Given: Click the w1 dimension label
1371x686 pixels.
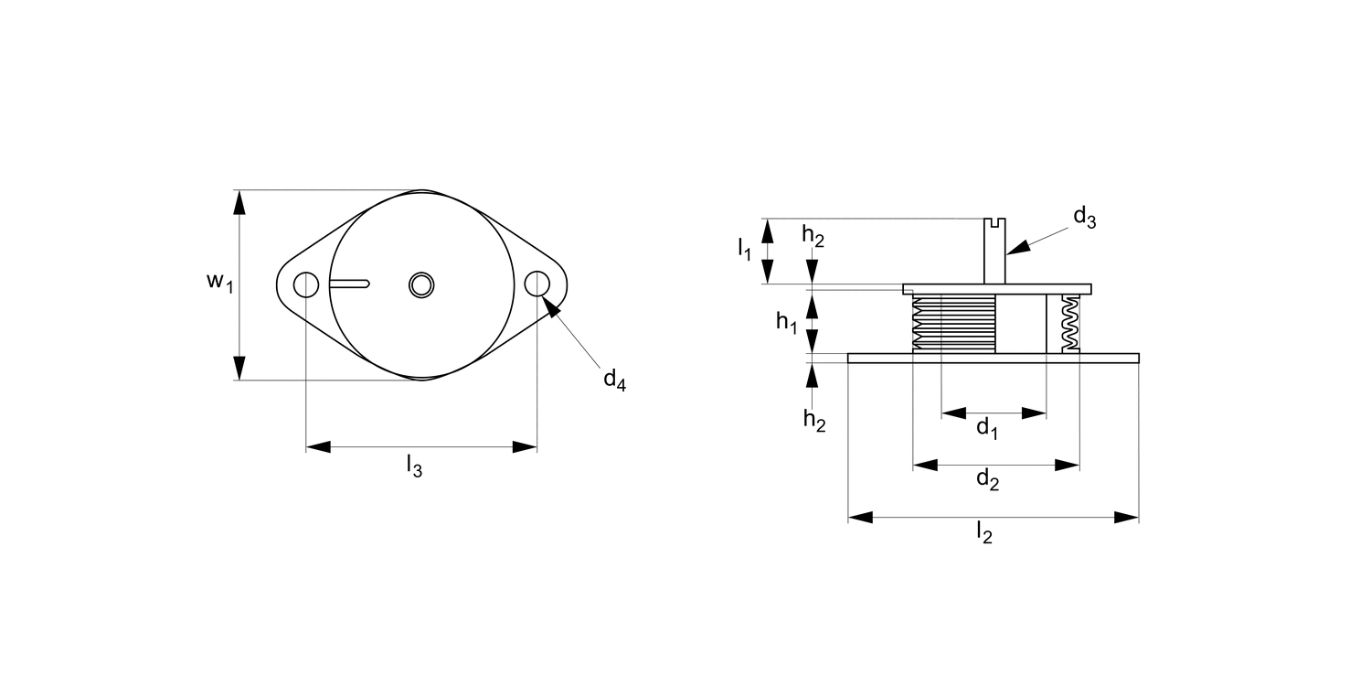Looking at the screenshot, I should [219, 282].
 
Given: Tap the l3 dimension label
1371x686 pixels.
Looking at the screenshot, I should [414, 466].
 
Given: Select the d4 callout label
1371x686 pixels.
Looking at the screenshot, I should [614, 380].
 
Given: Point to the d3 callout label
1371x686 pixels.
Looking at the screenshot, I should [1084, 218].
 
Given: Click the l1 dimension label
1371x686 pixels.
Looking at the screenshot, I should [745, 247].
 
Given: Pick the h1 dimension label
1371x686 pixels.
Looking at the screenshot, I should [786, 322].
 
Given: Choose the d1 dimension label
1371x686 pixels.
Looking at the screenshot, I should [987, 427].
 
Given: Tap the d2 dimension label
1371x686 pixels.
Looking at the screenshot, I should [987, 478].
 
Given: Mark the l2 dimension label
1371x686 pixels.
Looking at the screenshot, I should [983, 532].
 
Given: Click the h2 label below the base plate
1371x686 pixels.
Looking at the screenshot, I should [814, 420].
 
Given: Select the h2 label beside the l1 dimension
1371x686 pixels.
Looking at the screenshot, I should [813, 235].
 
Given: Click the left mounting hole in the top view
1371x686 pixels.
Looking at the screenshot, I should [306, 285].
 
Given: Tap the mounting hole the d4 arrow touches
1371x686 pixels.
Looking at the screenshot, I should [537, 284].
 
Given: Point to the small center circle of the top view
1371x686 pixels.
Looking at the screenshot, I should [421, 284].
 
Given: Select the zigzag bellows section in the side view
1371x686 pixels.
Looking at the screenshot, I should [1069, 323].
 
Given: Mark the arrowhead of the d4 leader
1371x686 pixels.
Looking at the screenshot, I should [551, 308].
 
